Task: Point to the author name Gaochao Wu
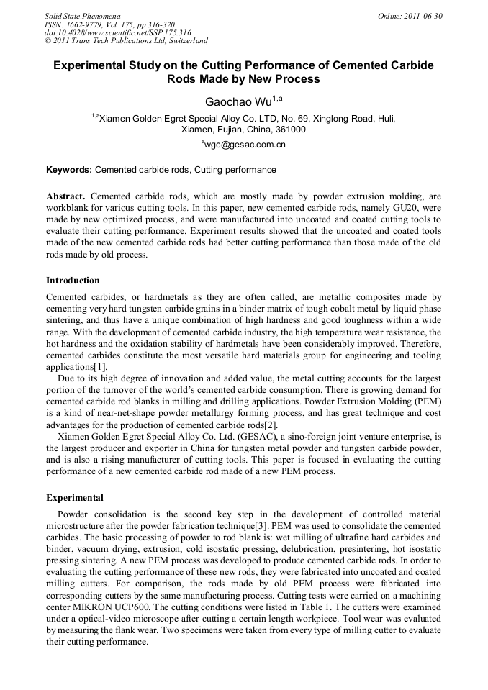[238, 102]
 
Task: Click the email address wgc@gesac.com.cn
[245, 145]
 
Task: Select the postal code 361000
[290, 130]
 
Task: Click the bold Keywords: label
[69, 170]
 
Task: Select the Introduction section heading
[73, 280]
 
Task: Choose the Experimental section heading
[74, 497]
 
